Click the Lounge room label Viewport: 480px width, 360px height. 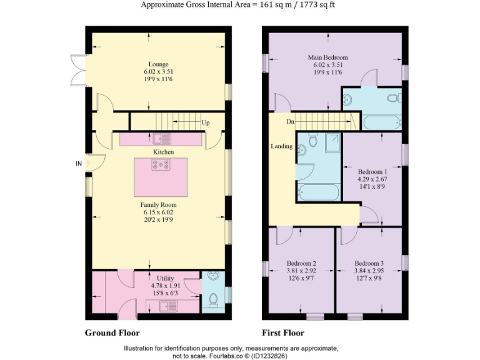click(158, 64)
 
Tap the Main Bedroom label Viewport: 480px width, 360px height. click(331, 57)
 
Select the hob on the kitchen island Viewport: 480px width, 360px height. click(161, 165)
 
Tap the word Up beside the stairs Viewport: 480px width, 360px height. click(206, 122)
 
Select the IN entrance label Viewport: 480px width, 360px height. click(79, 164)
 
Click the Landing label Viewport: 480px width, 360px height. click(281, 146)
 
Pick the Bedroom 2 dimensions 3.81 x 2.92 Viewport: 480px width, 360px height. click(301, 271)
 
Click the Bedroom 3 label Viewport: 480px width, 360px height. click(368, 263)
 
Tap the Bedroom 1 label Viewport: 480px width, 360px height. click(372, 171)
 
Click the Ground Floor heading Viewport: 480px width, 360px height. click(112, 333)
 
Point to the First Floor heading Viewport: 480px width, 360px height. click(284, 333)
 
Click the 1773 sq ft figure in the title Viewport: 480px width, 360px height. click(322, 5)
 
